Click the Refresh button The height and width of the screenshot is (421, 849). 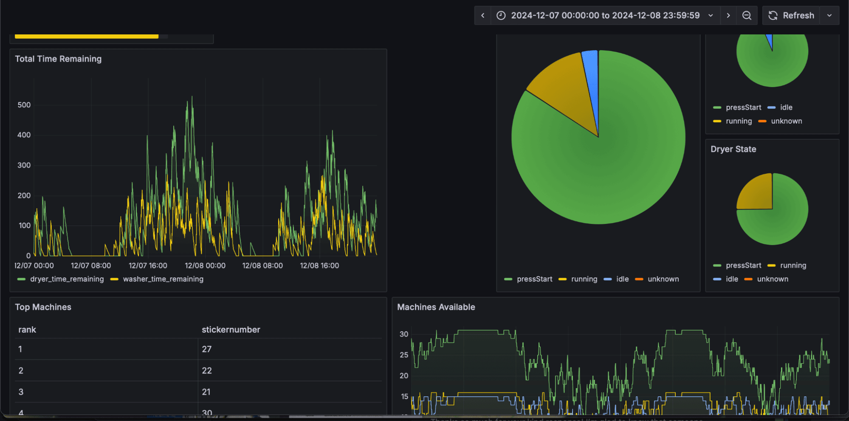tap(791, 15)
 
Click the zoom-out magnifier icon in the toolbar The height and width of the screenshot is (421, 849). tap(747, 15)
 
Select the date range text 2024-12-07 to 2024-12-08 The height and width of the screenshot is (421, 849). tap(605, 15)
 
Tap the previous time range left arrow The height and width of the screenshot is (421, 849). tap(483, 15)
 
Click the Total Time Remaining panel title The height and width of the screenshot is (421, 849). tap(58, 59)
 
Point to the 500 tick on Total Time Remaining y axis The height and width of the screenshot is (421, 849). tap(24, 105)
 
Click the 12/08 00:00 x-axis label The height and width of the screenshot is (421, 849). tap(205, 266)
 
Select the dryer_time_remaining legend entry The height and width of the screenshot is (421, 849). tap(67, 279)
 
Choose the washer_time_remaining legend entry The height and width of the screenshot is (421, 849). tap(163, 279)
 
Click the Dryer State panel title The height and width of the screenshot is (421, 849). tap(733, 149)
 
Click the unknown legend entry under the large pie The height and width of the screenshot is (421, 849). tap(663, 279)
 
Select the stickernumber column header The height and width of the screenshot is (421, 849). tap(231, 330)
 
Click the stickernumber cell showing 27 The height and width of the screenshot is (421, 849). tap(207, 349)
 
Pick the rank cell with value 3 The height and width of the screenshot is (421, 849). tap(21, 392)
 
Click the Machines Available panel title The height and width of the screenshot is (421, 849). tap(436, 307)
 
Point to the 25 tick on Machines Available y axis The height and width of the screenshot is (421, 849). tap(404, 355)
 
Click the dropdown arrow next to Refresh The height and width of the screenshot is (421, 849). tap(829, 15)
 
